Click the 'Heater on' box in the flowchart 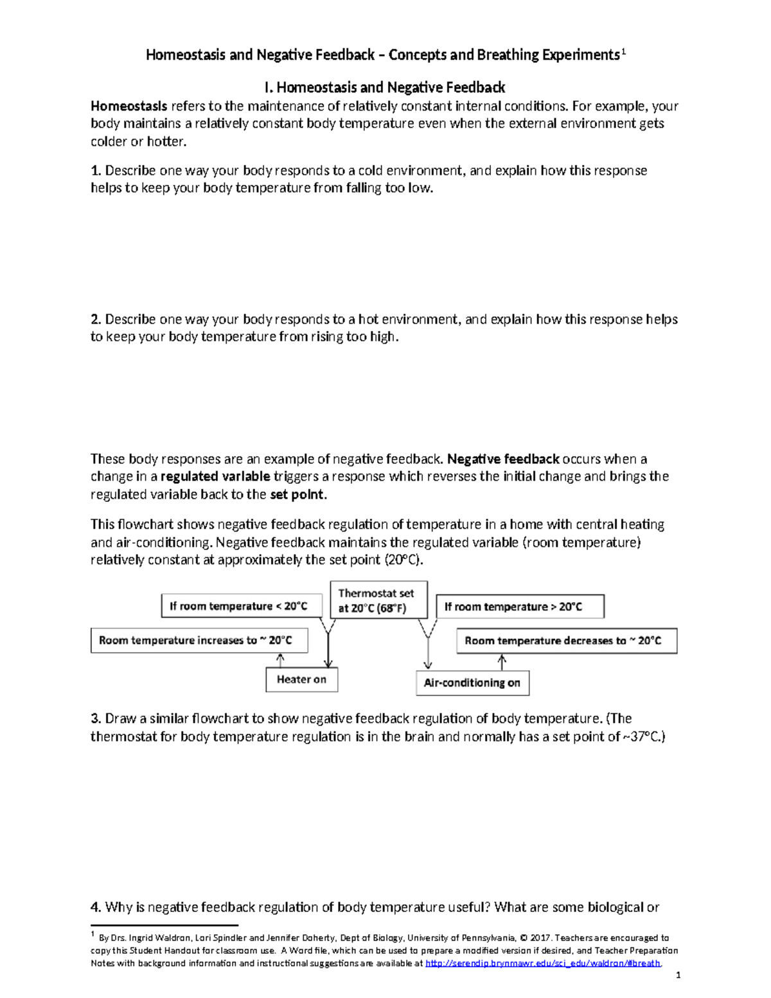click(301, 679)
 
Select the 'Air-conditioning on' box click(472, 682)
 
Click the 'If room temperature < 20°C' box click(241, 606)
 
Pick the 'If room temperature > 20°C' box click(520, 607)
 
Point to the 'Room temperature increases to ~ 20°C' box click(199, 640)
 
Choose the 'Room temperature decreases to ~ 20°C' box click(566, 641)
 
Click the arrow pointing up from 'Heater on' click(279, 660)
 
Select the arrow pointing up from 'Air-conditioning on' click(502, 662)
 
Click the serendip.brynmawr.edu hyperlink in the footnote click(543, 963)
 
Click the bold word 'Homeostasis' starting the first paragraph click(128, 106)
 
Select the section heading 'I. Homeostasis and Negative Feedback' click(385, 87)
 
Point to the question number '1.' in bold click(96, 171)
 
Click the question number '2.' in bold click(96, 319)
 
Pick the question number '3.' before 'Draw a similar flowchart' click(96, 718)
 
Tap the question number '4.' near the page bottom click(96, 907)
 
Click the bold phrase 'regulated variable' click(215, 477)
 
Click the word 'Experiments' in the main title click(581, 55)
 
